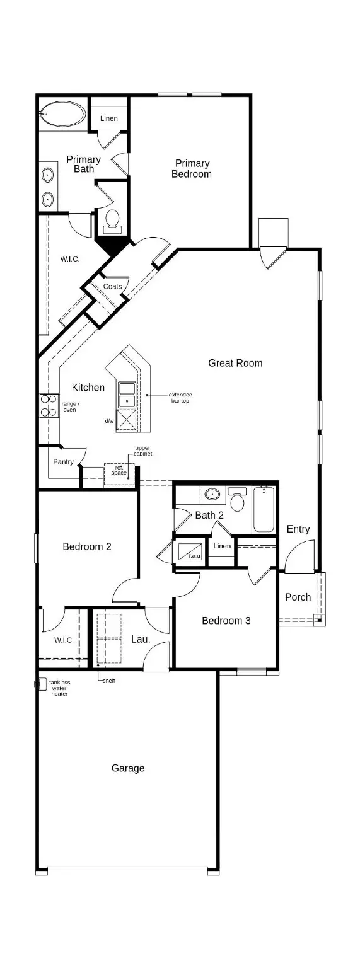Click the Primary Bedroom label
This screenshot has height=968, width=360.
[192, 168]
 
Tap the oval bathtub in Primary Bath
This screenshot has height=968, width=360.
[62, 115]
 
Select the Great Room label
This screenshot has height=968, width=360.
[235, 363]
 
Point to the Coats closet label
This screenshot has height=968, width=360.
[113, 287]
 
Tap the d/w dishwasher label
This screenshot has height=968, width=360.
[110, 420]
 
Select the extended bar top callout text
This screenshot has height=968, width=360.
[181, 398]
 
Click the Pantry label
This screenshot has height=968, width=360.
[63, 462]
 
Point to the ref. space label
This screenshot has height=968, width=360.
[119, 470]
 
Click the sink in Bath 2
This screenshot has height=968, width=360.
[212, 493]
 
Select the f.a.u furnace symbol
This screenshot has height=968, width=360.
[190, 552]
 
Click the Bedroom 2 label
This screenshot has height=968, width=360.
[87, 546]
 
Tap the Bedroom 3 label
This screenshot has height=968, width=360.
[226, 621]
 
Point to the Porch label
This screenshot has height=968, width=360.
[298, 597]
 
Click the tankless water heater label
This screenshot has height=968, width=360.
[60, 688]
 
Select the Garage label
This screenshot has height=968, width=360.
[128, 768]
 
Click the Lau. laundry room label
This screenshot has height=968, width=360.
[140, 639]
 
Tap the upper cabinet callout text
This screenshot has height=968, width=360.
[143, 451]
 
